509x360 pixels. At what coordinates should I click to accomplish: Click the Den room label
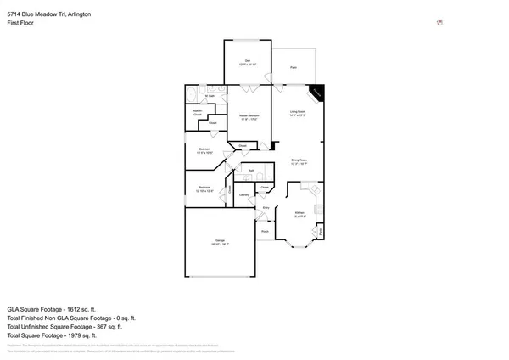(248, 60)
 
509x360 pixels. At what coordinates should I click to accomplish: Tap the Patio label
(294, 67)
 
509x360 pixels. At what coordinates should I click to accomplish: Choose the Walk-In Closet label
(197, 112)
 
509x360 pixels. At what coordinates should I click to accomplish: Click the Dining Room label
(299, 161)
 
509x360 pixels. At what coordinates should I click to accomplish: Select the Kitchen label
(299, 214)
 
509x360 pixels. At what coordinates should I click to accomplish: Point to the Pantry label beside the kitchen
(321, 229)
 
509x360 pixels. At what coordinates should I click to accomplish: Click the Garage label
(221, 245)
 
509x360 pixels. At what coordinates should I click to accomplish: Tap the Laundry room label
(243, 195)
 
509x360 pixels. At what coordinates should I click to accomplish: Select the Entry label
(266, 207)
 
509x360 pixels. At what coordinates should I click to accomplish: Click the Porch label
(265, 230)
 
